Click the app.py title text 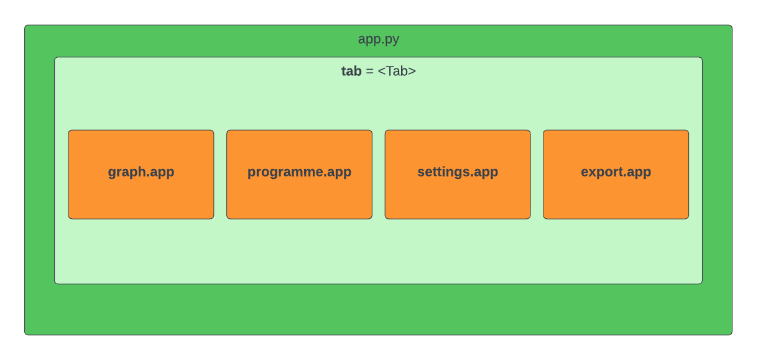click(x=378, y=40)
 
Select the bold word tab click(x=351, y=71)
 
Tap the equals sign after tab click(x=369, y=72)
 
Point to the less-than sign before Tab click(x=382, y=72)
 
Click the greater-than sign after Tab click(x=412, y=72)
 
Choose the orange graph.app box click(x=141, y=175)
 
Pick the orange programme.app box click(x=300, y=175)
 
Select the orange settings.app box click(x=458, y=175)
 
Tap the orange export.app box click(x=616, y=175)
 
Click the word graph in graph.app click(x=127, y=173)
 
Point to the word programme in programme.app click(x=285, y=173)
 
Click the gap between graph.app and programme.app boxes click(x=220, y=175)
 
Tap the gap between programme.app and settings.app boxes click(x=379, y=175)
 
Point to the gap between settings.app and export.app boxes click(x=537, y=175)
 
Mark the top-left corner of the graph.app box click(x=68, y=131)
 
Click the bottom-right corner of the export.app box click(x=688, y=219)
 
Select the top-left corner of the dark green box click(x=25, y=25)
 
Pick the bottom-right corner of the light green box click(x=702, y=284)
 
